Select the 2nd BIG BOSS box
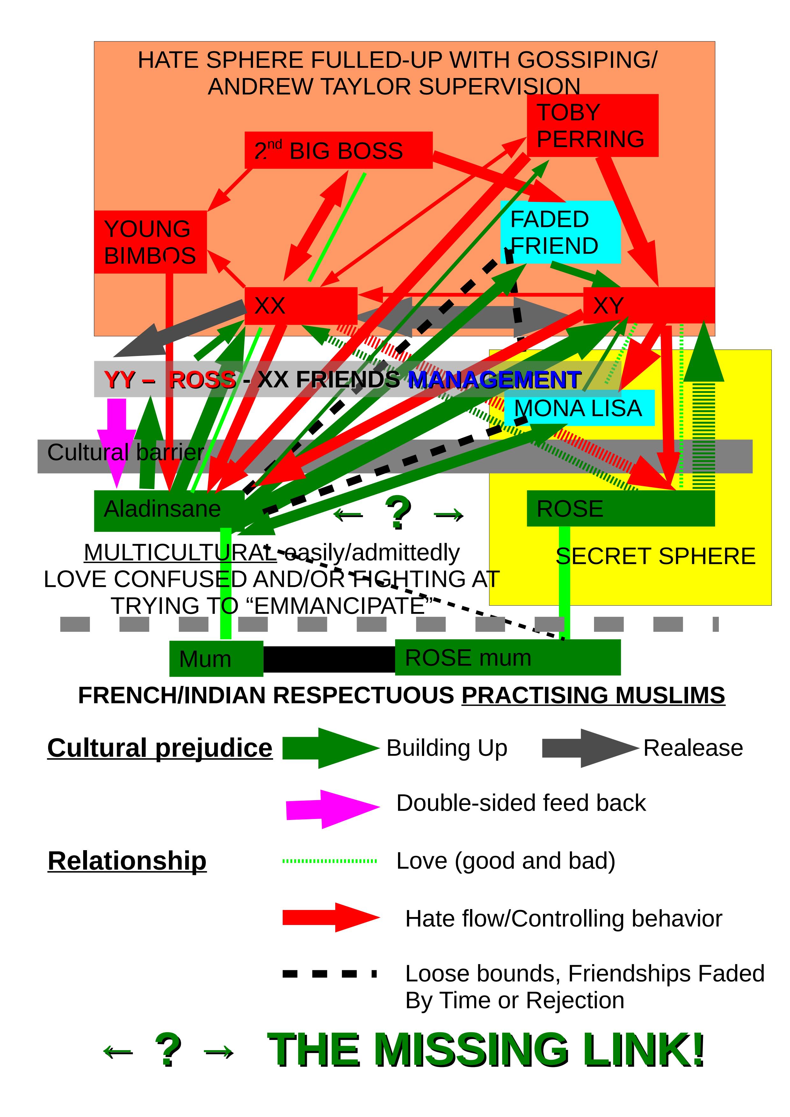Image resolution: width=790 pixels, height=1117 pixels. (x=338, y=150)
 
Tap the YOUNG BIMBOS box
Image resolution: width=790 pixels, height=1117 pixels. (x=150, y=242)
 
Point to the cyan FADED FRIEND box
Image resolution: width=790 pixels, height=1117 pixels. (x=560, y=232)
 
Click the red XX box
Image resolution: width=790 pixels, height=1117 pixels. (x=300, y=306)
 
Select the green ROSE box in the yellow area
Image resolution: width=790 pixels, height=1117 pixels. (x=620, y=509)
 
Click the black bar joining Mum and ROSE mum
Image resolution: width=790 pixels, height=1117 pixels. (x=329, y=659)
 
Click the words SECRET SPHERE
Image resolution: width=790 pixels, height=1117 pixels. (x=655, y=556)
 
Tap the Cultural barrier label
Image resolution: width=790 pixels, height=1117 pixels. (x=125, y=452)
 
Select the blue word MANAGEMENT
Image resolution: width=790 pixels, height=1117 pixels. (x=494, y=380)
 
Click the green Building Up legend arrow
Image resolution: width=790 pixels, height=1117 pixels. (x=330, y=748)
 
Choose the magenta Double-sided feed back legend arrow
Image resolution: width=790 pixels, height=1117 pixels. (x=332, y=808)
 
